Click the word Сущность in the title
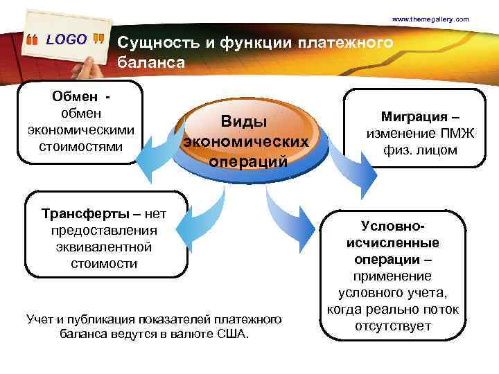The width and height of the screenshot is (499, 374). tap(157, 43)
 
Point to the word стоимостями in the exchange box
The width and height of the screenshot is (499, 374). tap(81, 146)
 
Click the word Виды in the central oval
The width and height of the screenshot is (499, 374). tap(245, 121)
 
